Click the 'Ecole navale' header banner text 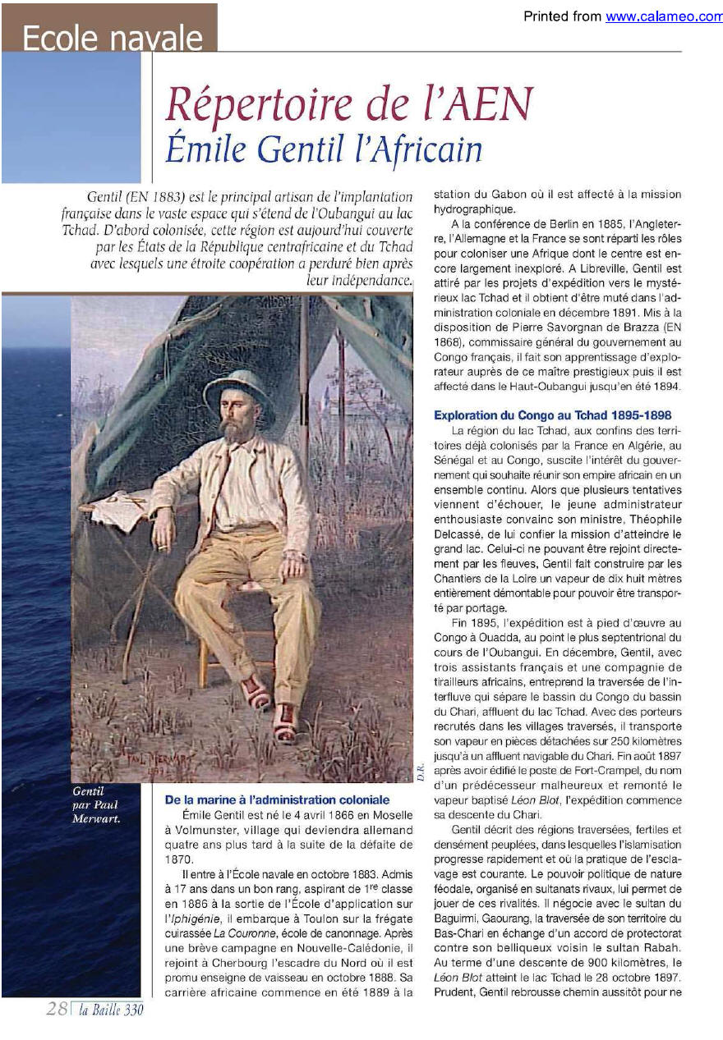pyautogui.click(x=113, y=38)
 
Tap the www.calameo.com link pyautogui.click(x=664, y=16)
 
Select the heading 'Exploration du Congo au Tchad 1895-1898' pyautogui.click(x=552, y=415)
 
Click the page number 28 pyautogui.click(x=57, y=1010)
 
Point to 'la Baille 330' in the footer pyautogui.click(x=112, y=1010)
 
